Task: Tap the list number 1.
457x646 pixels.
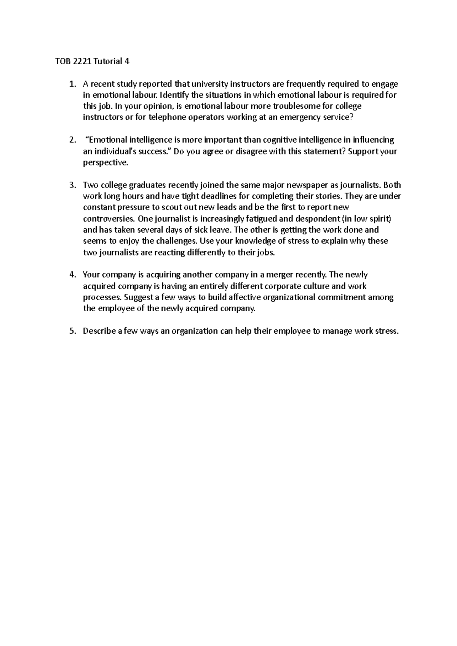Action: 72,84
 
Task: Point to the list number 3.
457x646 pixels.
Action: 72,185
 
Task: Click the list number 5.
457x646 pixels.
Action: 72,331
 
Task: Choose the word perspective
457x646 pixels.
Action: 105,162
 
